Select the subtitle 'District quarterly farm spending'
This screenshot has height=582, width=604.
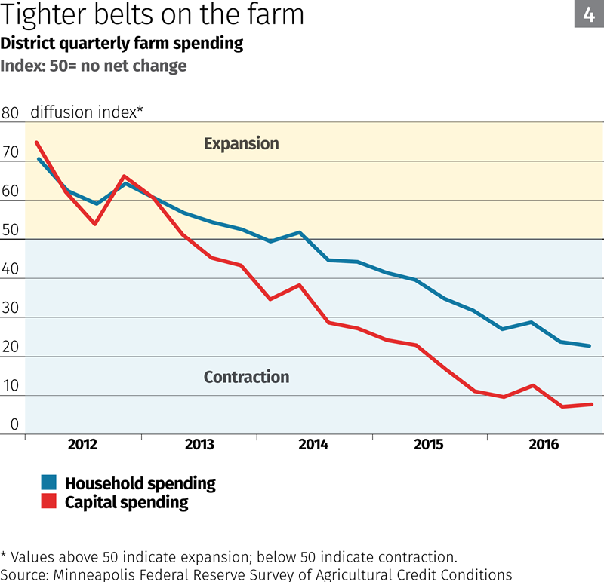[x=122, y=43]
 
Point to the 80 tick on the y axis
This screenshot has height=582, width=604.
[x=10, y=113]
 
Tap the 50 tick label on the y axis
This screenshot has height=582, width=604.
[x=10, y=231]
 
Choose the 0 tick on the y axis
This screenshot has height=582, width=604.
[x=14, y=426]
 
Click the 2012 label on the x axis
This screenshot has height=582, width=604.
[x=82, y=445]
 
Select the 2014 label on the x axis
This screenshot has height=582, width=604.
[x=313, y=445]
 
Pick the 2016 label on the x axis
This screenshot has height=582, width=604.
[x=544, y=445]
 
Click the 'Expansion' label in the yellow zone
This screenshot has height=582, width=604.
[x=241, y=143]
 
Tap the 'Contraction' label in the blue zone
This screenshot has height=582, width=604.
[x=246, y=377]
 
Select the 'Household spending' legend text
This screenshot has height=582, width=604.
[x=140, y=484]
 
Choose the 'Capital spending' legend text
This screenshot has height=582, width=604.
[x=126, y=502]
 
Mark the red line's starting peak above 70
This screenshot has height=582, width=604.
[x=36, y=142]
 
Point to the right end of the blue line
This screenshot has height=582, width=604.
[x=590, y=346]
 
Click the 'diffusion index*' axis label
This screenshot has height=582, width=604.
[x=87, y=112]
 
